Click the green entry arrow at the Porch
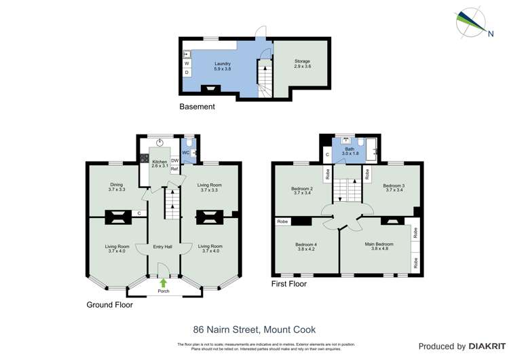(x=163, y=282)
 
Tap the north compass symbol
(x=470, y=22)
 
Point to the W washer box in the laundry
(x=187, y=63)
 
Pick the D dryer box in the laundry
(x=187, y=72)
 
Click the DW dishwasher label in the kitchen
(x=174, y=160)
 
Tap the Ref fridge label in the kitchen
(x=174, y=169)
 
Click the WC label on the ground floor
(x=185, y=152)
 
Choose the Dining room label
(x=117, y=187)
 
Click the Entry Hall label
(x=163, y=247)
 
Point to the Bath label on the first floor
(x=350, y=150)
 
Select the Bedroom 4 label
(x=306, y=247)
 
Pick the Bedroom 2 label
(x=302, y=190)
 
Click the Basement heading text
(x=197, y=107)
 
